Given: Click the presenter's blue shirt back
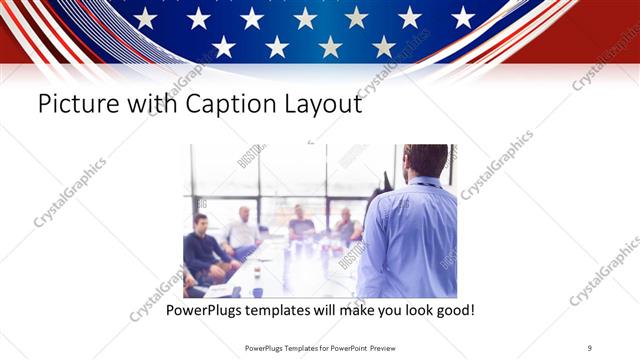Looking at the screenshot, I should click(x=410, y=240).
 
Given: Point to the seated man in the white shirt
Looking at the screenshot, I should click(x=242, y=232).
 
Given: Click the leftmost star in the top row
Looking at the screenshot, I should click(x=145, y=18).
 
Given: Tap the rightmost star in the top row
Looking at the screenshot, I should click(x=463, y=17).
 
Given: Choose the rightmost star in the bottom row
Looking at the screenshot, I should click(x=384, y=46).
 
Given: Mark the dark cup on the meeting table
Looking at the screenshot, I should click(x=257, y=291).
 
